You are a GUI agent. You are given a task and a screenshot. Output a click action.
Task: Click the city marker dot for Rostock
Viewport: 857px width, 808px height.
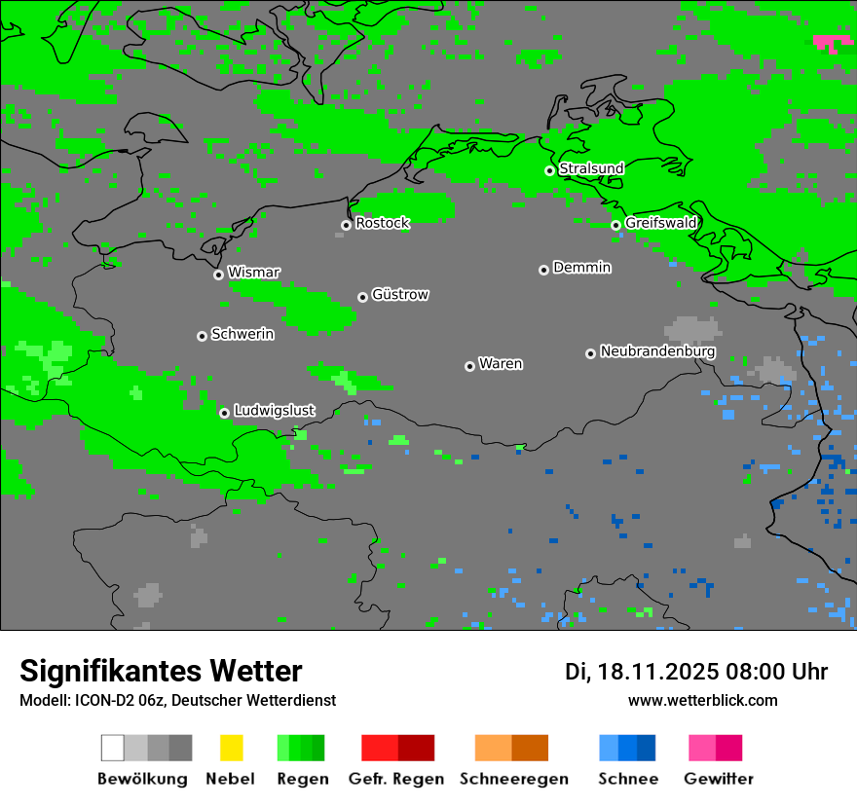[x=346, y=225]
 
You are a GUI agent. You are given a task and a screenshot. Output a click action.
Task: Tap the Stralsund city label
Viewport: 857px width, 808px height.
[x=591, y=168]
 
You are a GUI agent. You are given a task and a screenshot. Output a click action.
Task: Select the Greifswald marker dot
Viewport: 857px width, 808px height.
[x=615, y=225]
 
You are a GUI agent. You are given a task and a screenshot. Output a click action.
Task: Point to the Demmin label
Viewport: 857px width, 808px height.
[x=581, y=267]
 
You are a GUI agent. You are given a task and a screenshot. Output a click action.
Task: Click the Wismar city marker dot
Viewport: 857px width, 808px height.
[x=218, y=275]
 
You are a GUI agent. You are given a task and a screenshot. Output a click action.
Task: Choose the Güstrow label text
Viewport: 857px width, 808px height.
[x=400, y=294]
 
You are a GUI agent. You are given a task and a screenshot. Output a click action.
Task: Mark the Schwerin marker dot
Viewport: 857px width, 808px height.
[x=202, y=336]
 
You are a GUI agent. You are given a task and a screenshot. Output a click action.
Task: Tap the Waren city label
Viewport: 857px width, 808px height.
[x=501, y=364]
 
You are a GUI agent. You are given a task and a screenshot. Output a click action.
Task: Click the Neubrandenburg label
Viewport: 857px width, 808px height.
[x=657, y=350]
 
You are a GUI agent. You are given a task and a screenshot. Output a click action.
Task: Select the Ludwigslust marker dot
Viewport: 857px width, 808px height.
[x=224, y=413]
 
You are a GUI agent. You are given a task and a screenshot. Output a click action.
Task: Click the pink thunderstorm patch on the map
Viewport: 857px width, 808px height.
[x=832, y=42]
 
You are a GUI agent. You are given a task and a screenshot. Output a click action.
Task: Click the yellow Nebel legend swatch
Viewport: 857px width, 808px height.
[x=231, y=748]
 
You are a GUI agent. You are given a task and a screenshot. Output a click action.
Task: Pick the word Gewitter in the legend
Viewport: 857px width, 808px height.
[x=719, y=779]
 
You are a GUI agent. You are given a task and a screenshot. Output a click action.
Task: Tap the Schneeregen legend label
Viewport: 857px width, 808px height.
[x=513, y=779]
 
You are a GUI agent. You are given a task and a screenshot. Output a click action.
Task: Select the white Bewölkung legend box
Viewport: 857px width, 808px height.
[x=112, y=748]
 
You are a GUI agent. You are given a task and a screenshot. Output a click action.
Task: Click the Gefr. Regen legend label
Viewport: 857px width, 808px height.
[x=396, y=779]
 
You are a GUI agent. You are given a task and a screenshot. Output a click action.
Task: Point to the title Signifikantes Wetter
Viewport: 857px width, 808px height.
[x=161, y=671]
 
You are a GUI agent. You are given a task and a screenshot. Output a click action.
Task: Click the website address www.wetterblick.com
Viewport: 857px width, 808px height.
[x=702, y=700]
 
